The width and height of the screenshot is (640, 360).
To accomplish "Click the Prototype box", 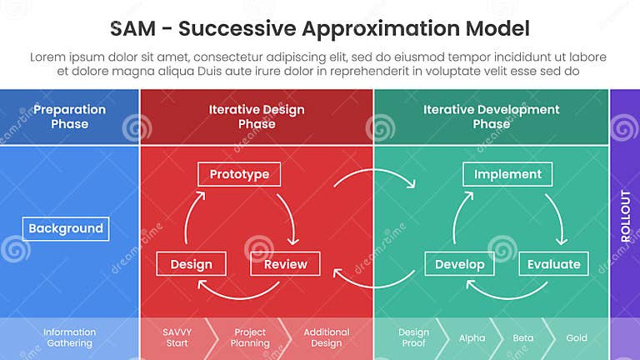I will click(239, 174).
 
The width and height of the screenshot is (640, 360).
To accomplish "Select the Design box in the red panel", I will click(191, 264).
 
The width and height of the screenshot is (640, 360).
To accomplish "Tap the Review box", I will click(285, 264).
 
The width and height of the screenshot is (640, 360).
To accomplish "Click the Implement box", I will click(507, 174).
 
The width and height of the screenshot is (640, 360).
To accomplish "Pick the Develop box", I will click(459, 264).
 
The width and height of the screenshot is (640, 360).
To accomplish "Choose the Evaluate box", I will click(554, 264).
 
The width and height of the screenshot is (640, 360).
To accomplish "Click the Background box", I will click(66, 228).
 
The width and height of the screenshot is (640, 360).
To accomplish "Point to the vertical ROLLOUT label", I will click(625, 217).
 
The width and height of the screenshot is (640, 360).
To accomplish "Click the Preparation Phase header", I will click(69, 117).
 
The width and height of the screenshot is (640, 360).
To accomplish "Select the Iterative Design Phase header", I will click(257, 117).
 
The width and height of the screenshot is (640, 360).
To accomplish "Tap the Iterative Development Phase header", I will click(491, 117).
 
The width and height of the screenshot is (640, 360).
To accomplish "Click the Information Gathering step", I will click(69, 337).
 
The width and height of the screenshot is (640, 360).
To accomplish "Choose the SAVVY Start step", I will click(177, 337).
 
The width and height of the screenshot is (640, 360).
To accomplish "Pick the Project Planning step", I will click(250, 337).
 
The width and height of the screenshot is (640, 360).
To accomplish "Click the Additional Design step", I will click(326, 337).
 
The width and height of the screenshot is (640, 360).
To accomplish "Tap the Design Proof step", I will click(413, 337).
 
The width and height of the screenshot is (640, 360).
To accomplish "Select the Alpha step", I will click(472, 338).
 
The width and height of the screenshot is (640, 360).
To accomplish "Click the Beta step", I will click(522, 338).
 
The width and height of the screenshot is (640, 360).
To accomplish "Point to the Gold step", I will click(577, 338).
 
